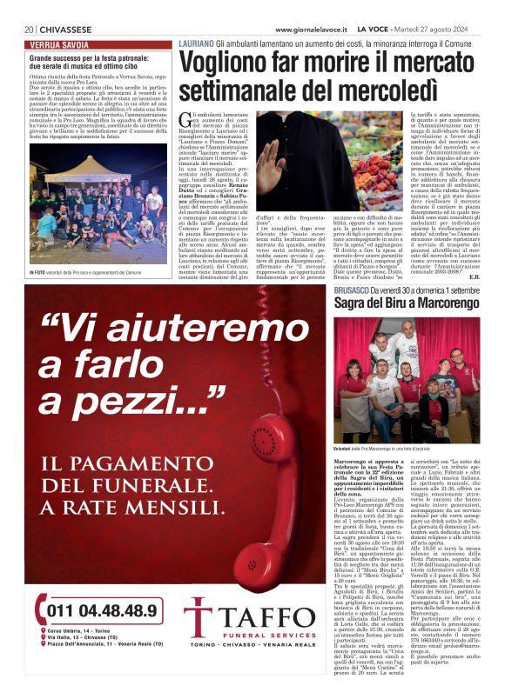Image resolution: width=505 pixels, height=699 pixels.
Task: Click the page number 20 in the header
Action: point(30,29)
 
